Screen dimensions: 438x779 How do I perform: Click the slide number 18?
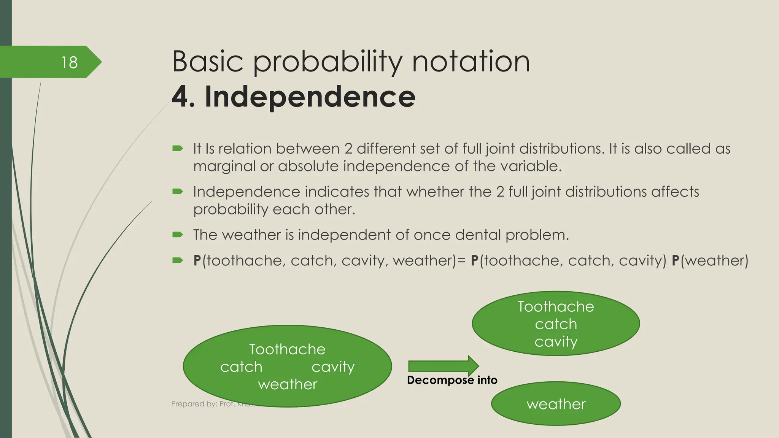tap(69, 62)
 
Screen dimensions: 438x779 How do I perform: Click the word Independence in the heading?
tap(310, 97)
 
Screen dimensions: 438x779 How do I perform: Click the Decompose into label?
tap(452, 380)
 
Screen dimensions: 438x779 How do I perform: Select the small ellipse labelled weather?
tap(556, 404)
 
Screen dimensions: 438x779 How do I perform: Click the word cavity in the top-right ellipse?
tap(556, 341)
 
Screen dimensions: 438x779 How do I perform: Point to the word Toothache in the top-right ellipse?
tap(556, 306)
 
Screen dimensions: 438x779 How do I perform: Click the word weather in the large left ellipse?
tap(288, 384)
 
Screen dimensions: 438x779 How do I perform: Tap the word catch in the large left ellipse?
tap(241, 367)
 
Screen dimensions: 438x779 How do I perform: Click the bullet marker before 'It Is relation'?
tap(178, 148)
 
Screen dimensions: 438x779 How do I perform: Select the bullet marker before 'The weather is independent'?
tap(178, 235)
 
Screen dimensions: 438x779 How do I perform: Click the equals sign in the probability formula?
tap(461, 260)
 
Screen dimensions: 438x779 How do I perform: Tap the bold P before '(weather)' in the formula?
tap(676, 260)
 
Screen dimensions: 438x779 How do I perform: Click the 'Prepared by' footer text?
tap(202, 404)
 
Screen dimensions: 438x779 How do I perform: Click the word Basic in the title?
tap(208, 62)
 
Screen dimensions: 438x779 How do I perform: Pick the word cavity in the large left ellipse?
tap(333, 367)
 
